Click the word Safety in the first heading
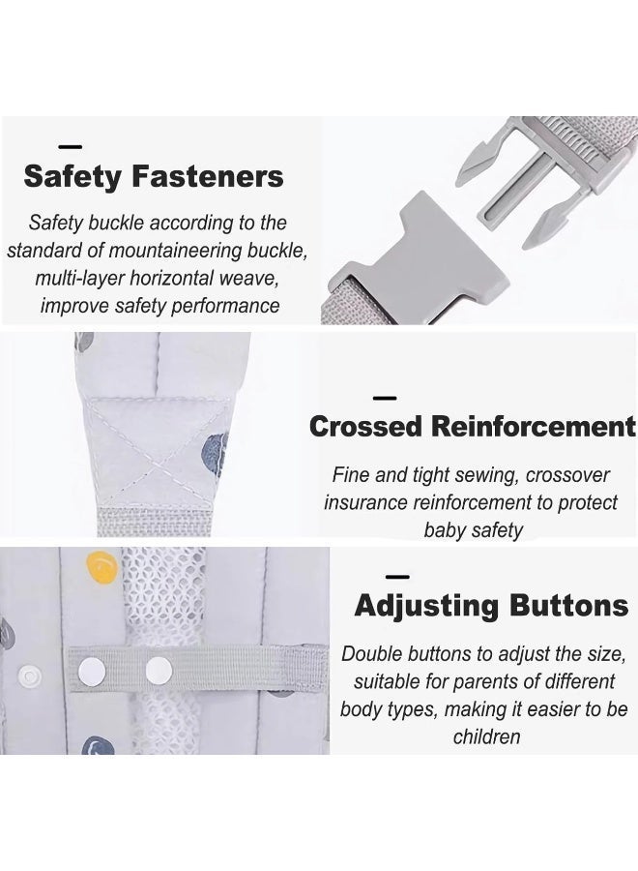pyautogui.click(x=72, y=177)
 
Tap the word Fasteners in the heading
pyautogui.click(x=208, y=176)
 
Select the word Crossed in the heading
pyautogui.click(x=365, y=427)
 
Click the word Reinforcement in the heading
pyautogui.click(x=534, y=427)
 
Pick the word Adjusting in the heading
pyautogui.click(x=426, y=606)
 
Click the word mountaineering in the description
pyautogui.click(x=175, y=251)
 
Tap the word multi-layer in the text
pyautogui.click(x=80, y=279)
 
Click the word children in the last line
pyautogui.click(x=486, y=736)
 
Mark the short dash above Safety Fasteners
pyautogui.click(x=71, y=147)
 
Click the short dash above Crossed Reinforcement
pyautogui.click(x=385, y=398)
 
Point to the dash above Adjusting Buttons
pyautogui.click(x=397, y=577)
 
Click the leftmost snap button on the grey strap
pyautogui.click(x=92, y=671)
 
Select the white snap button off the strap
pyautogui.click(x=29, y=676)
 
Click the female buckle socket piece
pyautogui.click(x=419, y=261)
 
